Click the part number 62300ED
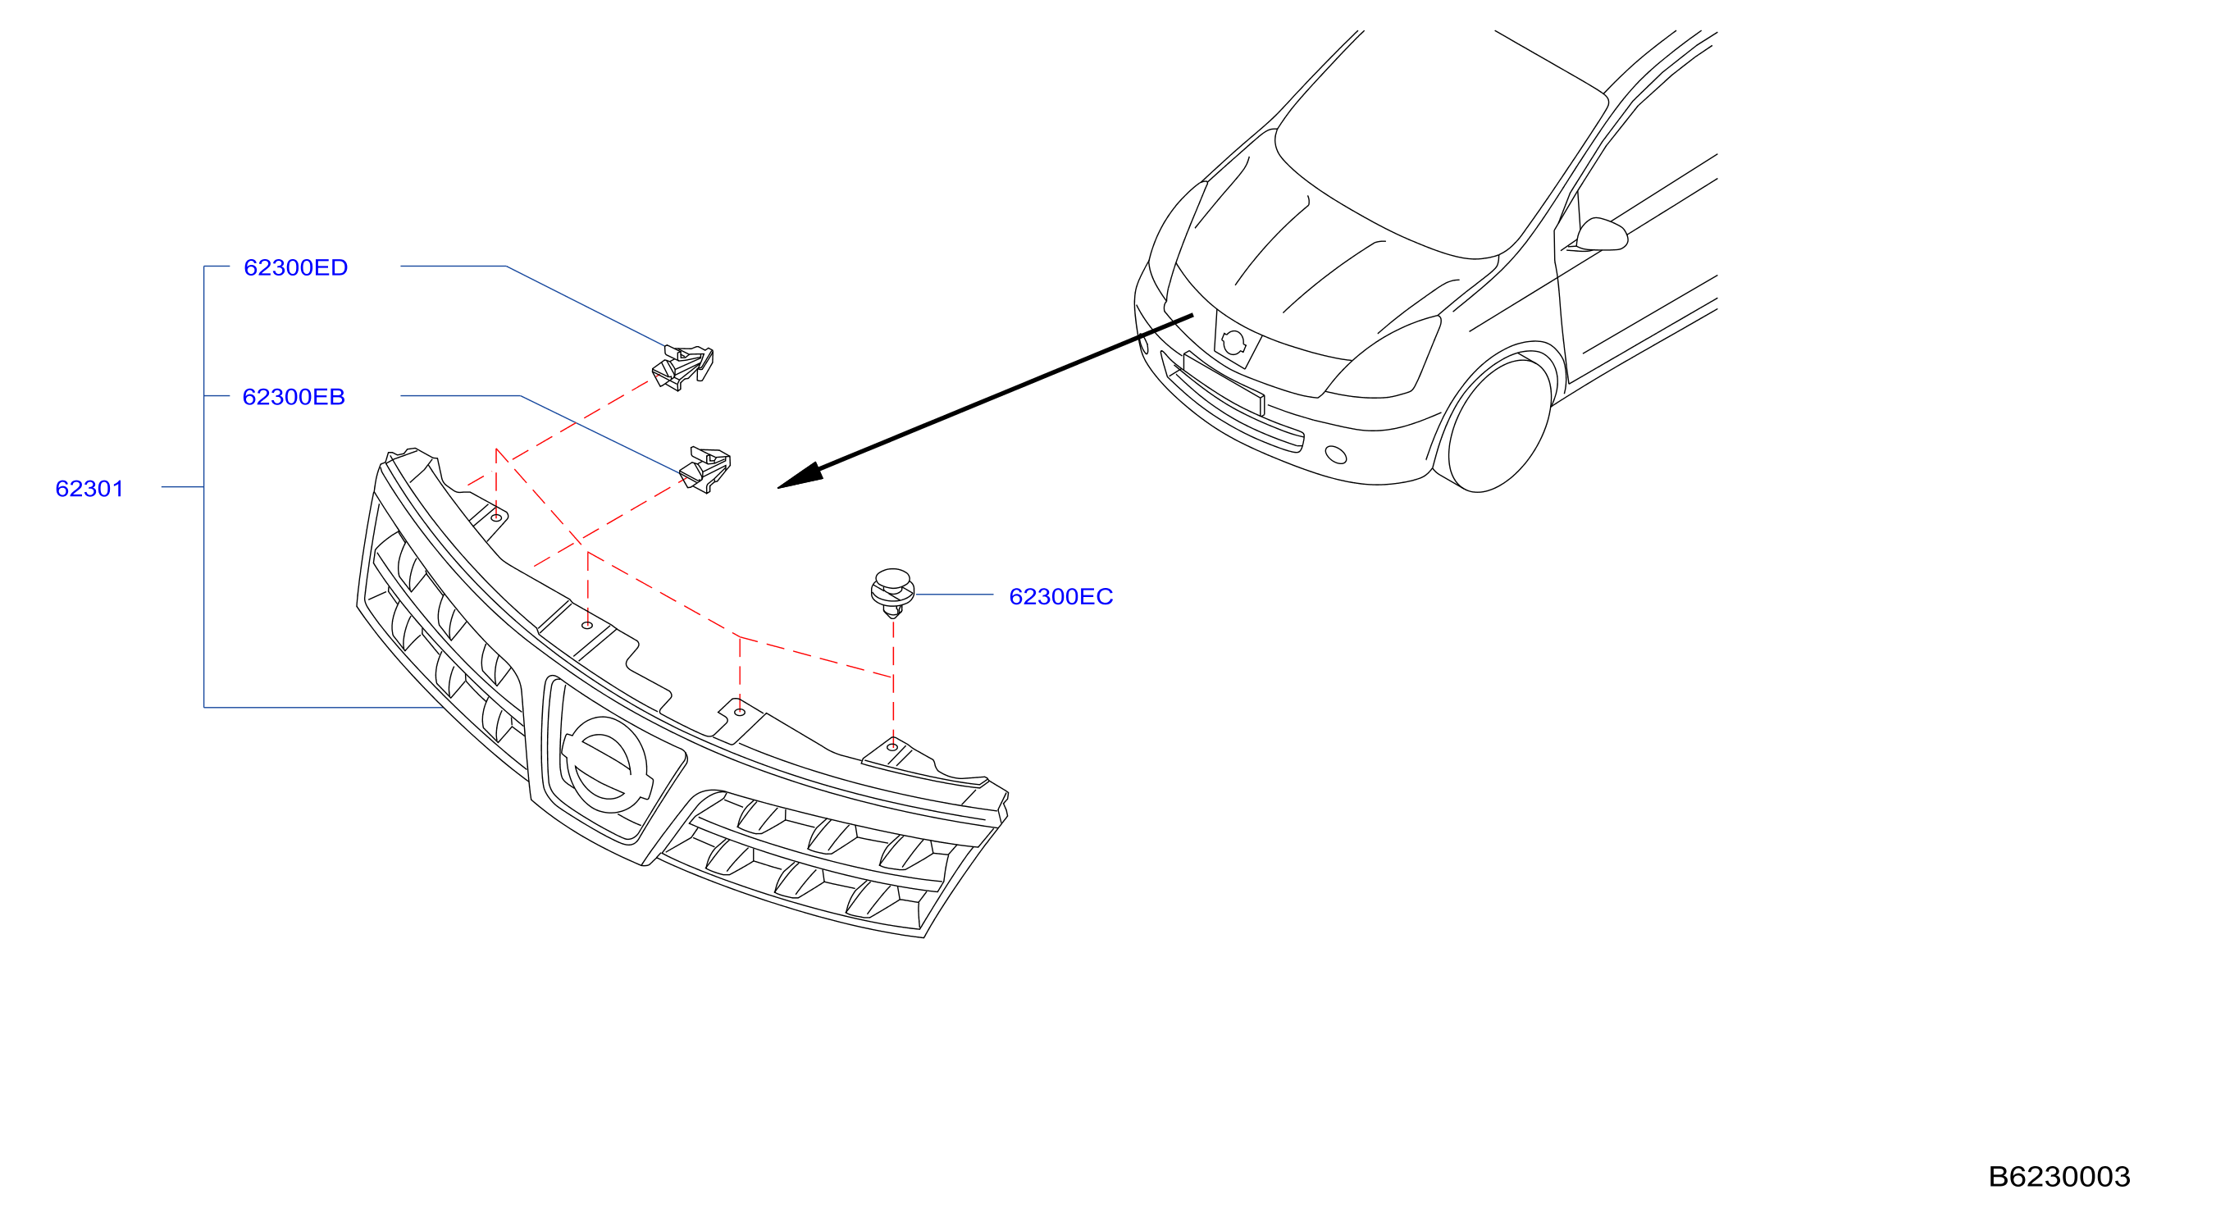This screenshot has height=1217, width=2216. [x=295, y=267]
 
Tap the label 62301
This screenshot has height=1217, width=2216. [x=89, y=489]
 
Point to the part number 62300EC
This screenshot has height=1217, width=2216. [x=1060, y=596]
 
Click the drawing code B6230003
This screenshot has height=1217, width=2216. [x=2059, y=1176]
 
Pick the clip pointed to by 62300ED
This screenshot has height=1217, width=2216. [x=683, y=367]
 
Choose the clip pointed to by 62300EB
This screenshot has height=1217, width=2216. [x=705, y=470]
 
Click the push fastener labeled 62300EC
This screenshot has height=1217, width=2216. [x=892, y=593]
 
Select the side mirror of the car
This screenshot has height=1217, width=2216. [x=1600, y=235]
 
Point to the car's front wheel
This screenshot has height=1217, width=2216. [x=1499, y=426]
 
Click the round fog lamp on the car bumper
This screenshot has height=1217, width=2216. [x=1336, y=454]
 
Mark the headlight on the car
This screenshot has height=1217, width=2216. [x=1384, y=358]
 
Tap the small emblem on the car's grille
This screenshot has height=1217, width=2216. [x=1233, y=341]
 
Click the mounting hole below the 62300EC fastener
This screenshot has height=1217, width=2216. [x=892, y=746]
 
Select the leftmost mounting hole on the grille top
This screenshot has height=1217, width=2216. [x=496, y=517]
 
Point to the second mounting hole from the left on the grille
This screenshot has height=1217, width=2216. [x=586, y=625]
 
